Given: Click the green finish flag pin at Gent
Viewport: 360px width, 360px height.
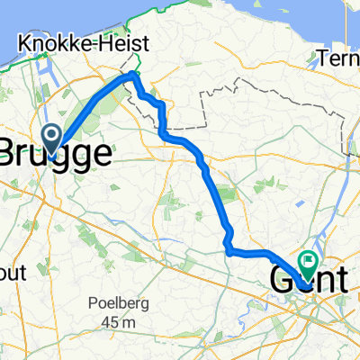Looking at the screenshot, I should coord(309,263).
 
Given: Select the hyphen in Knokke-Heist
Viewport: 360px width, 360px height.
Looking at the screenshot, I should coord(96,44).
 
